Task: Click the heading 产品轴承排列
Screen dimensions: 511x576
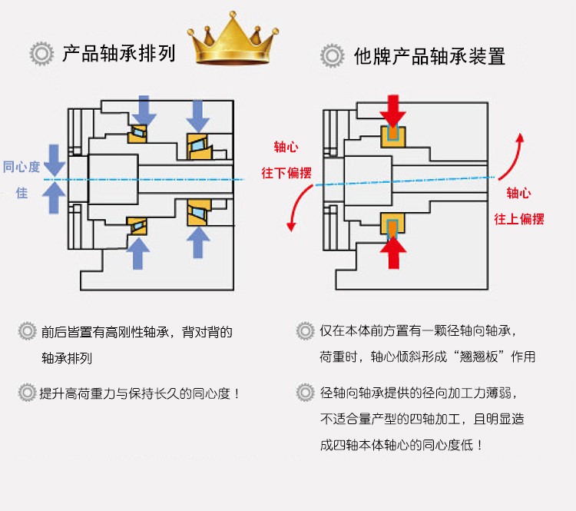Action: coord(119,55)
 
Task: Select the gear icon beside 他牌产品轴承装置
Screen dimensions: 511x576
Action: coord(332,56)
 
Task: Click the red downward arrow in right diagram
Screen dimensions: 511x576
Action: coord(395,111)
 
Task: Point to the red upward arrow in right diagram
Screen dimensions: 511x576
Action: coord(395,251)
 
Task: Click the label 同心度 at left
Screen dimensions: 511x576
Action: coord(22,167)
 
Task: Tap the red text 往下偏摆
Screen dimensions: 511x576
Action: coord(286,173)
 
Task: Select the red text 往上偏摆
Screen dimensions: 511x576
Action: coord(519,219)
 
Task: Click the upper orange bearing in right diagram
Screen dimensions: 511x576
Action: coord(395,137)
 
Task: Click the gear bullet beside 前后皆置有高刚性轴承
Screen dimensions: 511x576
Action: coord(28,332)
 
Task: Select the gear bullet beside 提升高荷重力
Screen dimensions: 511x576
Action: coord(28,393)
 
